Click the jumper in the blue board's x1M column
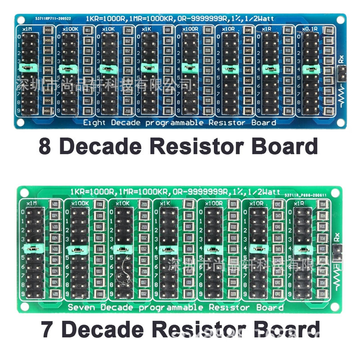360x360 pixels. [x=27, y=68]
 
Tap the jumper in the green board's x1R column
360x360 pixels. [x=301, y=249]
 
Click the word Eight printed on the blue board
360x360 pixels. [x=94, y=122]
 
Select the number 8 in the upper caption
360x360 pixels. [x=45, y=147]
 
